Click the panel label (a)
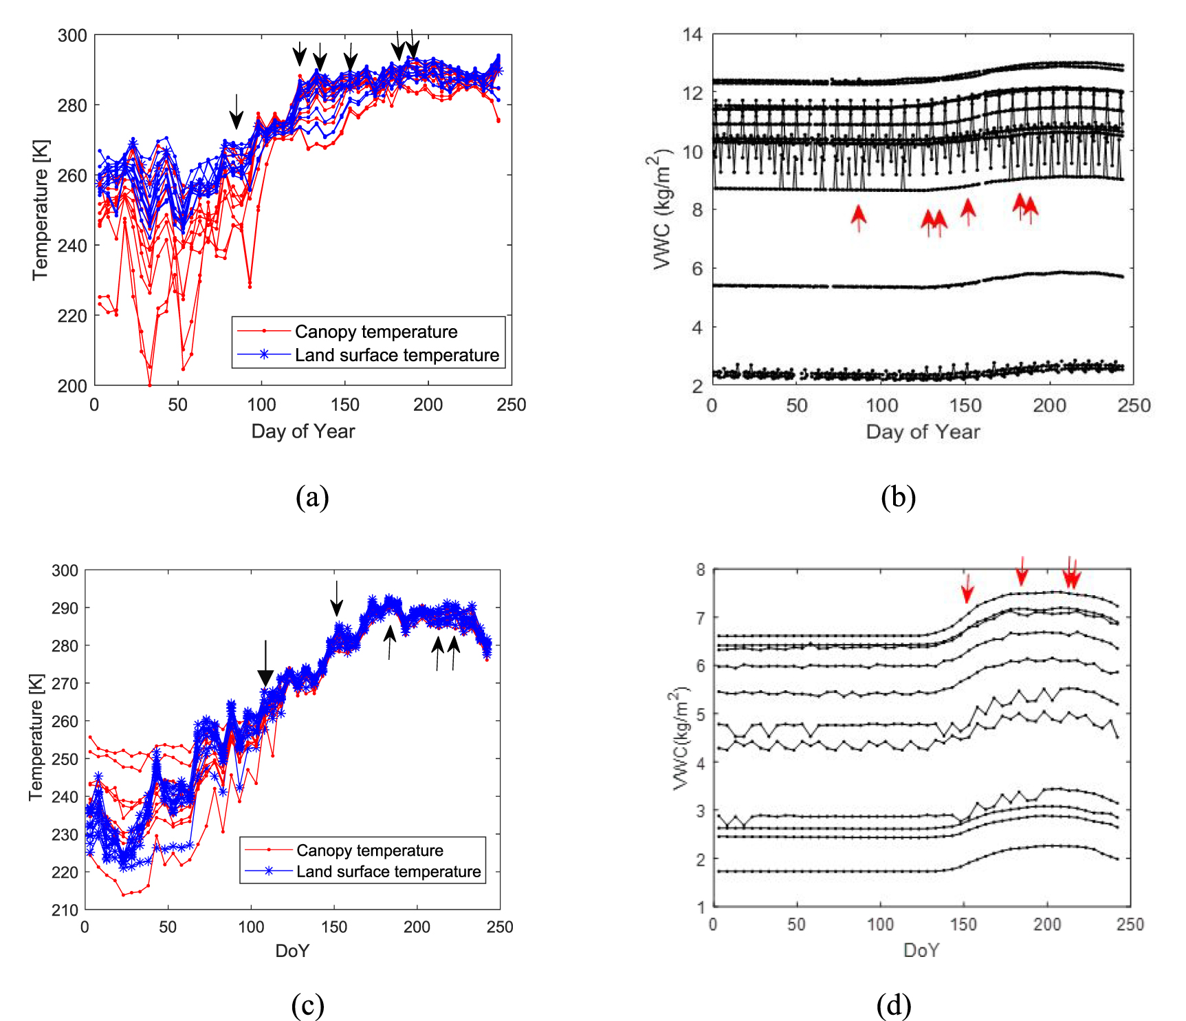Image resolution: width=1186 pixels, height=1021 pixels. pyautogui.click(x=312, y=497)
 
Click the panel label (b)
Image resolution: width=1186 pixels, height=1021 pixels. pyautogui.click(x=898, y=497)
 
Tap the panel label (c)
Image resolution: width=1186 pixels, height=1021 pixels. pyautogui.click(x=307, y=1005)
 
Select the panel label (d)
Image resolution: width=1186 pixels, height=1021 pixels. pyautogui.click(x=894, y=1005)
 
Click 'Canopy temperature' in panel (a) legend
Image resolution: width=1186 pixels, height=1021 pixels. pyautogui.click(x=375, y=332)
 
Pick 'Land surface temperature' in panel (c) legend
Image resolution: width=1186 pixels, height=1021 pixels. pyautogui.click(x=388, y=872)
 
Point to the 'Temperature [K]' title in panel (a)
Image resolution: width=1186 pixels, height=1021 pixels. pyautogui.click(x=41, y=210)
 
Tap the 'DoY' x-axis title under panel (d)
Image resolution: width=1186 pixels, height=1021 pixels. pyautogui.click(x=921, y=950)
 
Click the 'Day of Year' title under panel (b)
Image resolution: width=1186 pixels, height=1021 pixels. pyautogui.click(x=923, y=431)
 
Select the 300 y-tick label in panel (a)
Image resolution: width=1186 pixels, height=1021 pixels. pyautogui.click(x=72, y=35)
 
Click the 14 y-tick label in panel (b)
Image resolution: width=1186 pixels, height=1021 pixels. pyautogui.click(x=693, y=34)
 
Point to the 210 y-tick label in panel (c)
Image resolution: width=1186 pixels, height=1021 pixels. pyautogui.click(x=65, y=910)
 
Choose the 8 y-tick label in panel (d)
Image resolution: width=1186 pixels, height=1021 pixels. pyautogui.click(x=701, y=569)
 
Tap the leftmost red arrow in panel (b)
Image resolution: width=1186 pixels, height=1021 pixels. pyautogui.click(x=858, y=217)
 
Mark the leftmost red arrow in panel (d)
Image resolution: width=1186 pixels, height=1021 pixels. pyautogui.click(x=967, y=588)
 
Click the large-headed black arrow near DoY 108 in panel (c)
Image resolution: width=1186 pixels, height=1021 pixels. pyautogui.click(x=265, y=665)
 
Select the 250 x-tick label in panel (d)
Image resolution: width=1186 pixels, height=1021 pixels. pyautogui.click(x=1130, y=924)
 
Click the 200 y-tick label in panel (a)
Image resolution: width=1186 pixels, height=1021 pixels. pyautogui.click(x=72, y=386)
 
